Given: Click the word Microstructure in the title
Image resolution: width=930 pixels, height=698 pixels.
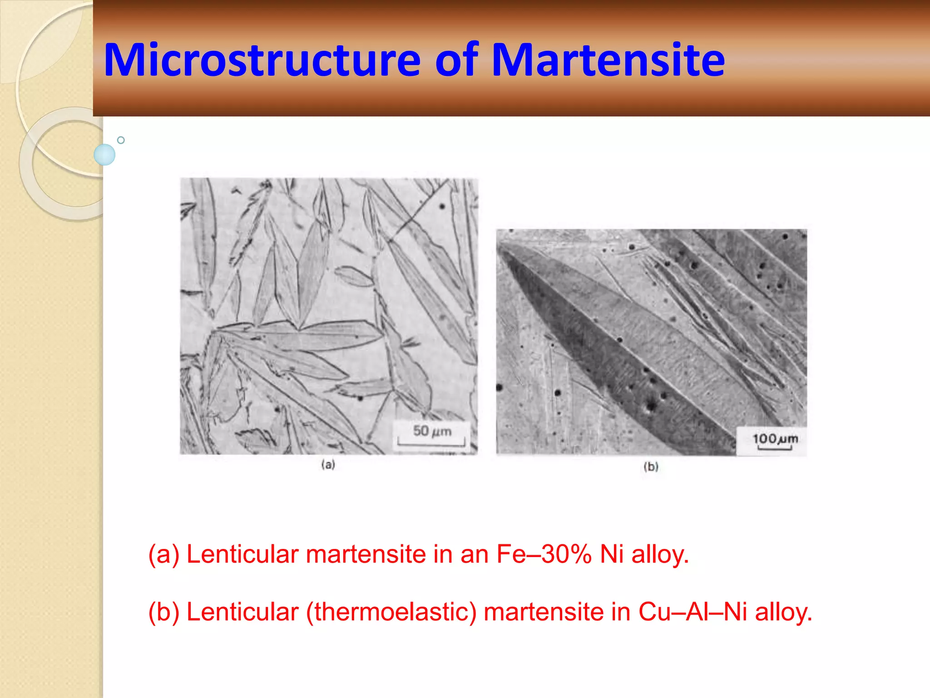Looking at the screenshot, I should (262, 60).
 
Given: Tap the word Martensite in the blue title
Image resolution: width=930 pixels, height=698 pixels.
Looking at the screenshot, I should (608, 60).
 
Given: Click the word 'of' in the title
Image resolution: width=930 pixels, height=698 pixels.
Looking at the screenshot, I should (456, 60).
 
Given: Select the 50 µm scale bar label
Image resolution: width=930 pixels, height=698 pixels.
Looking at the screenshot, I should (432, 431).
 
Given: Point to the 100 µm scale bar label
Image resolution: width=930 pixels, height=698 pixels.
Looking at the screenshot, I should (775, 439).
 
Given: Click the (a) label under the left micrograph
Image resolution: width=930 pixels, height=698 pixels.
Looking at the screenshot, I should (328, 464).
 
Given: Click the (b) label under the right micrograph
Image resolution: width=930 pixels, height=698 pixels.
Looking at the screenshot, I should (651, 467).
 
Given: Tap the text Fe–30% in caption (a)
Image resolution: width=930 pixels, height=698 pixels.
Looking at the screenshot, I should (544, 554).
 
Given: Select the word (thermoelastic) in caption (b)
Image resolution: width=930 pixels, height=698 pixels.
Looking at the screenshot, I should (391, 612).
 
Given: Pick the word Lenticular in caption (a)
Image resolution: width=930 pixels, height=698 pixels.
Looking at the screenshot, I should (242, 554).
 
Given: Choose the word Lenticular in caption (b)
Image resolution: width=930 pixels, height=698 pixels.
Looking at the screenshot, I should (242, 612).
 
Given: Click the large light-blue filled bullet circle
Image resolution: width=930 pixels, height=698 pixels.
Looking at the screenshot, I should (104, 155).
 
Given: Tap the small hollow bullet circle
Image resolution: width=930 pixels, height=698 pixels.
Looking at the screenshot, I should (121, 140).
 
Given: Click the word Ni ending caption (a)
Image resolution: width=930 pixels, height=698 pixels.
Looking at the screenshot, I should (612, 554).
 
